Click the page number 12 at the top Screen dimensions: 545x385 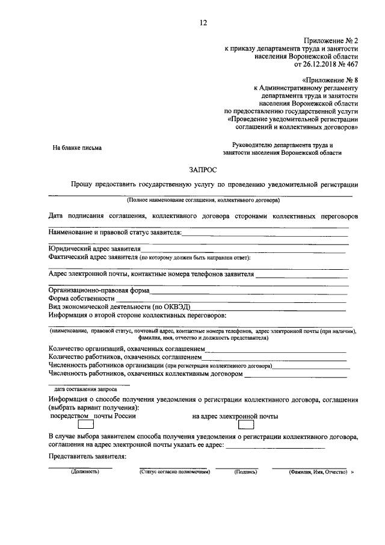(x=203, y=23)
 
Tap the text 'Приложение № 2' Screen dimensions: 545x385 (x=334, y=38)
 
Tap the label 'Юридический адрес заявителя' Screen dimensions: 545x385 (x=94, y=248)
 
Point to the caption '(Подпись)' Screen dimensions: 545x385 (x=246, y=472)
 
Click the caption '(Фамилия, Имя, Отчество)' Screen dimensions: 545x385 (x=318, y=472)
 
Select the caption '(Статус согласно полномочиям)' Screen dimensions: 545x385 (x=172, y=472)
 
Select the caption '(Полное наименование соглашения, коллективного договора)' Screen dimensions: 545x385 (x=203, y=199)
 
